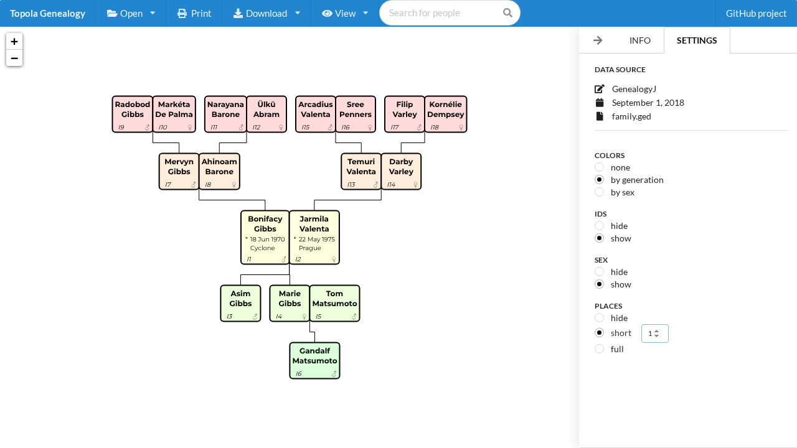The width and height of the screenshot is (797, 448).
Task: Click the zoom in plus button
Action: pyautogui.click(x=14, y=42)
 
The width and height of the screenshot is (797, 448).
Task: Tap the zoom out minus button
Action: pyautogui.click(x=14, y=58)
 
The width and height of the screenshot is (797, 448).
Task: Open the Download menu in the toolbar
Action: pyautogui.click(x=266, y=13)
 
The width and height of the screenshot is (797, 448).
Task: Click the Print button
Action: pyautogui.click(x=194, y=13)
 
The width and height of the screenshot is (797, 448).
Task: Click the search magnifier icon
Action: pyautogui.click(x=507, y=13)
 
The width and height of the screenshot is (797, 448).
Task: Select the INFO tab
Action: pyautogui.click(x=639, y=40)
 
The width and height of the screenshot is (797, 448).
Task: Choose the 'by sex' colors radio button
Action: pyautogui.click(x=600, y=192)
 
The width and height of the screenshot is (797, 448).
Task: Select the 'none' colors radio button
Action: pyautogui.click(x=600, y=167)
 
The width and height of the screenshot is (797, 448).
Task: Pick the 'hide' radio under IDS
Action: pyautogui.click(x=600, y=225)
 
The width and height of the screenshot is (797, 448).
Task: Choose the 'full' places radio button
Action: pyautogui.click(x=600, y=349)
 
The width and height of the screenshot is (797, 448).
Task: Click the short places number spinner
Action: pyautogui.click(x=654, y=334)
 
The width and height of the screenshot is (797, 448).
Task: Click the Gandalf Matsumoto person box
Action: pyautogui.click(x=314, y=360)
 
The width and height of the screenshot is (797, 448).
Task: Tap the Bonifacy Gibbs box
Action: pyautogui.click(x=265, y=237)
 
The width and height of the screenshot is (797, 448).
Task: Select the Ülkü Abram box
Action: pyautogui.click(x=266, y=114)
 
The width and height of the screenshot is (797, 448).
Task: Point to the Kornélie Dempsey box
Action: pyautogui.click(x=445, y=114)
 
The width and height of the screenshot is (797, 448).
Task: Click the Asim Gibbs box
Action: pyautogui.click(x=240, y=303)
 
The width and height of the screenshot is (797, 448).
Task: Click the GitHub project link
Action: pyautogui.click(x=756, y=13)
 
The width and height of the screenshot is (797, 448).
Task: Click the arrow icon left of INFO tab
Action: pyautogui.click(x=598, y=40)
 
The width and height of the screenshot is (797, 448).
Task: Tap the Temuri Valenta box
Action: pyautogui.click(x=361, y=171)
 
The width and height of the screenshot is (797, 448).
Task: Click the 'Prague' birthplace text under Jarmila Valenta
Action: pyautogui.click(x=310, y=248)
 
